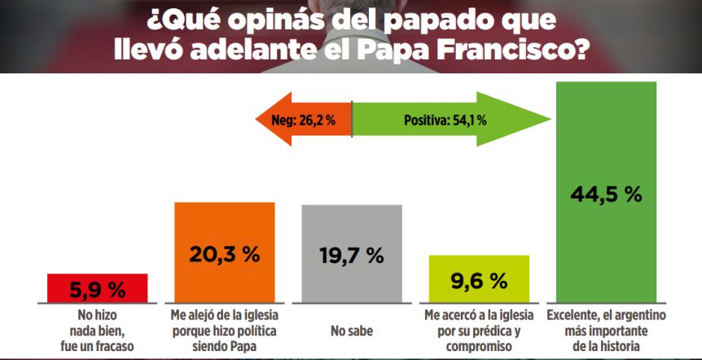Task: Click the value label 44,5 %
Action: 605,195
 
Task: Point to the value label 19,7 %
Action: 352,255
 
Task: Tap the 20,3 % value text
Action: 226,254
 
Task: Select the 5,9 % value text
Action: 98,289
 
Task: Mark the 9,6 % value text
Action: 479,282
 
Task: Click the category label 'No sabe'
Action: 352,331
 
